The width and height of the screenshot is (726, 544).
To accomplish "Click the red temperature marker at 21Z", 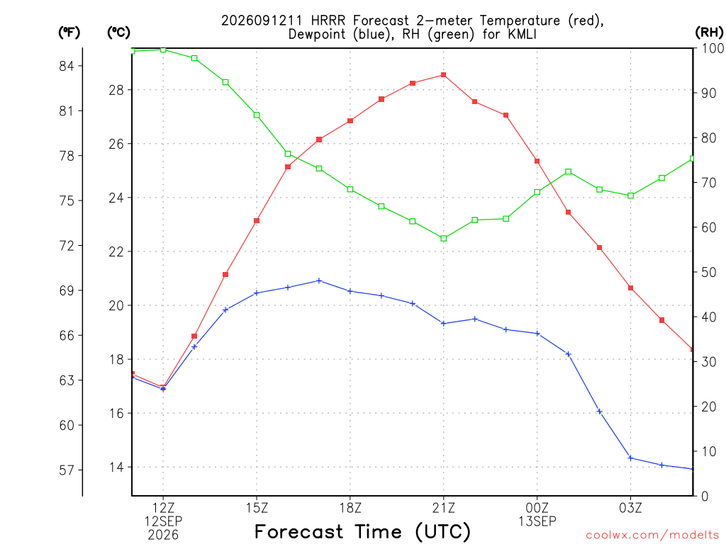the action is coord(444,75).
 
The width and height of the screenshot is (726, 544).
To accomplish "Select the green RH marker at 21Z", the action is coord(444,239).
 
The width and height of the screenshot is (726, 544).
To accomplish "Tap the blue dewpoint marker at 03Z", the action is coord(630,458).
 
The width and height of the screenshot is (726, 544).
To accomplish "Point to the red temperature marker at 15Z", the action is coord(257,221).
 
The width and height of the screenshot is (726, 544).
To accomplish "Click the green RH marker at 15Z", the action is coord(257,115).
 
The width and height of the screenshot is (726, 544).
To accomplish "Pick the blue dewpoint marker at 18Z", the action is coord(350,291).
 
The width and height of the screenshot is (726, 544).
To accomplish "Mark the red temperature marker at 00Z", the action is coord(537,161).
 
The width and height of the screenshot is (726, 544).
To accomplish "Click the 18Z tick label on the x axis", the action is coord(350,509).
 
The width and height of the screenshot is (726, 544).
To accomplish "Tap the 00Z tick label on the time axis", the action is coord(537,509).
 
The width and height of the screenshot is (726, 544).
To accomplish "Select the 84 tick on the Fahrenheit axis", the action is coord(67,66).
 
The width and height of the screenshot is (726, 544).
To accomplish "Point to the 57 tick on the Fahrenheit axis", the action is coord(67,470).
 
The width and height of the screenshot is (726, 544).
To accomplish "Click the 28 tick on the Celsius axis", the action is coord(117,90).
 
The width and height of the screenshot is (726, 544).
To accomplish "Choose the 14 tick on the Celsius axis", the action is coord(117,467).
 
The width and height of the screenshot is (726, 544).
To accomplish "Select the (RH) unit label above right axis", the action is coord(709,33).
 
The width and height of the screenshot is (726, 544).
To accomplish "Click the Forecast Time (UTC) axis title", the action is coord(362,532).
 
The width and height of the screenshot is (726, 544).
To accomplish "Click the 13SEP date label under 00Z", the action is coord(537,521).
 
